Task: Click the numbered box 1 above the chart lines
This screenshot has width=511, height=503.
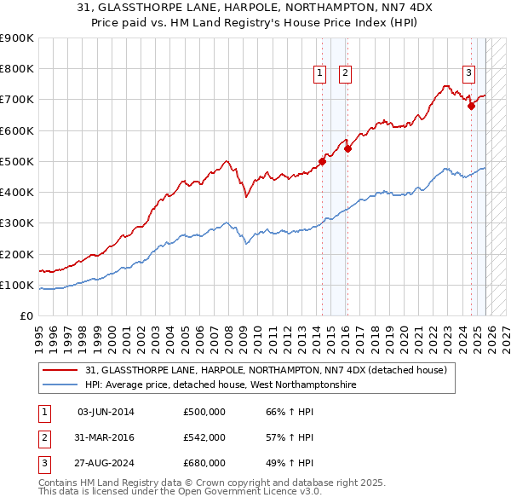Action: [320, 73]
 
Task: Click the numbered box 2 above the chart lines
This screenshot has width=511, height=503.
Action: [345, 73]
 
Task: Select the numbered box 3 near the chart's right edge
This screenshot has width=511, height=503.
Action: [468, 73]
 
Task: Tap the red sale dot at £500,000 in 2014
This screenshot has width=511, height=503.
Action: [322, 161]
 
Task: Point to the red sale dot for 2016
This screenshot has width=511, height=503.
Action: [347, 148]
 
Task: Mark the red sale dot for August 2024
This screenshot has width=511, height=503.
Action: [471, 107]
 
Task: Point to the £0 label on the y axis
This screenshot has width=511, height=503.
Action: [25, 315]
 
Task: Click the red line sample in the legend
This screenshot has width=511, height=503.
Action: [61, 370]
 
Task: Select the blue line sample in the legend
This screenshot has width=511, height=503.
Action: [61, 384]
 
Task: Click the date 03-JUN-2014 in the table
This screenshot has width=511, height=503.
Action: [106, 413]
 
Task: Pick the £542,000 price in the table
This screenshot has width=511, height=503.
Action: [204, 437]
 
